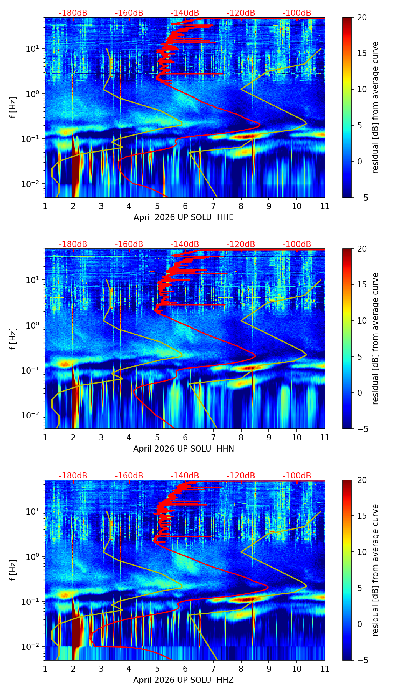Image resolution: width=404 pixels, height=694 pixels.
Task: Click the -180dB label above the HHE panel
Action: pyautogui.click(x=73, y=13)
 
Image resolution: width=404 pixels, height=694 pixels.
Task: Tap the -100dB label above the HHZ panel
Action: pyautogui.click(x=297, y=476)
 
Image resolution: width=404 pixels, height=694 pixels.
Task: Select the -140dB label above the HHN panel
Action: pyautogui.click(x=185, y=244)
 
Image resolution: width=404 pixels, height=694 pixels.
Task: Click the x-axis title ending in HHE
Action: pyautogui.click(x=184, y=217)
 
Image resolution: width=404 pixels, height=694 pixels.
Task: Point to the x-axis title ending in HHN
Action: pyautogui.click(x=184, y=449)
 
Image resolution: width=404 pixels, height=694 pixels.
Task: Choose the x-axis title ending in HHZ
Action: pyautogui.click(x=184, y=680)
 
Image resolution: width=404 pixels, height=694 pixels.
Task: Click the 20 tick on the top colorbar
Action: pyautogui.click(x=362, y=18)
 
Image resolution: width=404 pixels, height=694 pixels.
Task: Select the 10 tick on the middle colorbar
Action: pyautogui.click(x=362, y=320)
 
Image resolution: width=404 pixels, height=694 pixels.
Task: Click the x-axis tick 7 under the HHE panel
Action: pyautogui.click(x=213, y=206)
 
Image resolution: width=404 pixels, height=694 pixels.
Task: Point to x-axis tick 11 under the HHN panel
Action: pyautogui.click(x=325, y=437)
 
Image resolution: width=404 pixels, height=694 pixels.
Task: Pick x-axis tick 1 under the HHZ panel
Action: pyautogui.click(x=45, y=669)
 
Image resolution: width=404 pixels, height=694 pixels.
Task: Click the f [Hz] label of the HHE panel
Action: pyautogui.click(x=13, y=108)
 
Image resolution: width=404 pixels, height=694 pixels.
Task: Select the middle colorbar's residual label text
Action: pyautogui.click(x=376, y=339)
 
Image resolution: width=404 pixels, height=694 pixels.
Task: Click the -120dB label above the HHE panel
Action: pyautogui.click(x=241, y=13)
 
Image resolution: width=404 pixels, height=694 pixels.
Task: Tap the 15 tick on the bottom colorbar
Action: pyautogui.click(x=362, y=516)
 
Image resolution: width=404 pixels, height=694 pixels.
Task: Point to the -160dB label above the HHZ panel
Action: pyautogui.click(x=129, y=476)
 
